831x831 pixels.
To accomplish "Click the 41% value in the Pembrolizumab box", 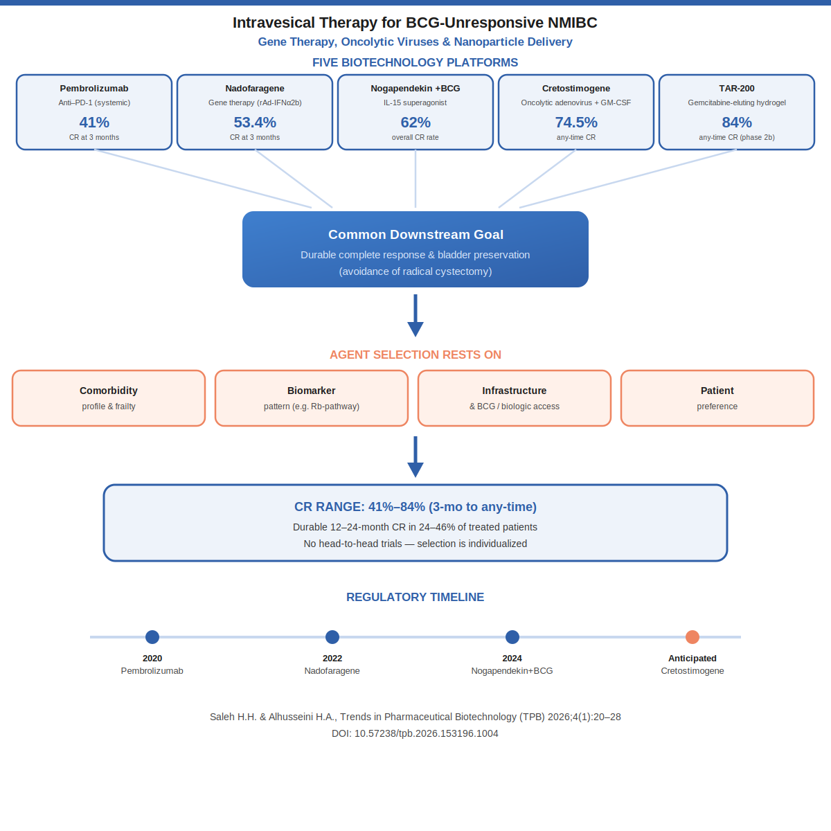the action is [x=94, y=123].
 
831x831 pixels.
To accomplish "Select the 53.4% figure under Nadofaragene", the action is [x=255, y=123].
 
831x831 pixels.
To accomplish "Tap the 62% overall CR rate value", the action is [x=415, y=123].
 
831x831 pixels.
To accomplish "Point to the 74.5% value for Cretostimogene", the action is [x=576, y=123].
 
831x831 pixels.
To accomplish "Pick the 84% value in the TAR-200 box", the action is [x=737, y=123].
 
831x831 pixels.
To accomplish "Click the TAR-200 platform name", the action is [x=737, y=89].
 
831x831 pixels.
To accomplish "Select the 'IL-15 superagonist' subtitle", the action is [x=415, y=102].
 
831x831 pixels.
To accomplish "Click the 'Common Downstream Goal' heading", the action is [x=415, y=234].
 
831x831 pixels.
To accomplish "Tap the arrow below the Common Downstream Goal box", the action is [x=415, y=315].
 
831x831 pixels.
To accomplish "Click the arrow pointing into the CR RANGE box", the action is [x=415, y=456].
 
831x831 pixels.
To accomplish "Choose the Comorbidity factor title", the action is [x=109, y=391].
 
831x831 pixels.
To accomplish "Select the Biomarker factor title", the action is [x=312, y=391].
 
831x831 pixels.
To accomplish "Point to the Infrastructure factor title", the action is [x=515, y=391].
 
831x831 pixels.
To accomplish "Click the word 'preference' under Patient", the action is [x=717, y=406].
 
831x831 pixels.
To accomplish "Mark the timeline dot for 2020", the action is [x=152, y=637].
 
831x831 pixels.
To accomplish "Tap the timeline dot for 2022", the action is [x=332, y=637].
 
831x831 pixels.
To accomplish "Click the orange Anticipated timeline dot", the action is [x=692, y=637].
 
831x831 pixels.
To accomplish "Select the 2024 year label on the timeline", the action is [x=512, y=659].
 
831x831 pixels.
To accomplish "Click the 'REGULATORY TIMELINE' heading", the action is [x=415, y=597].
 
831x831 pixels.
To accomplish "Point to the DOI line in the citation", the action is [x=415, y=733].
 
